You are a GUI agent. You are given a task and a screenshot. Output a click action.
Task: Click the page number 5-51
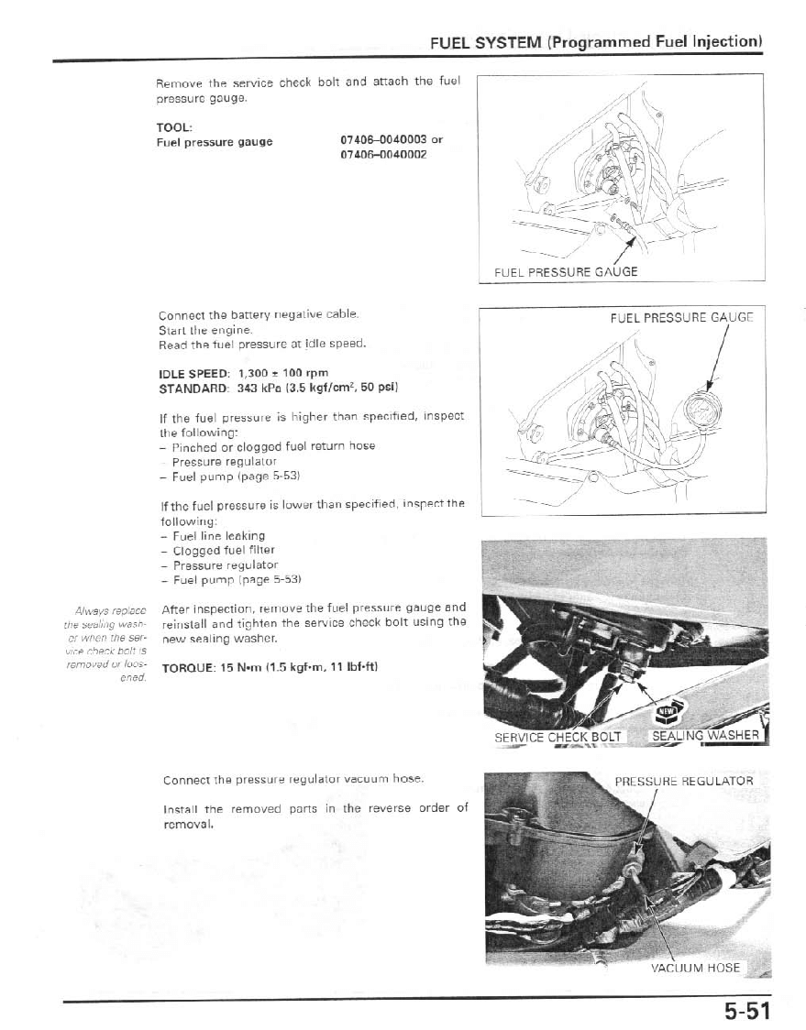(743, 1011)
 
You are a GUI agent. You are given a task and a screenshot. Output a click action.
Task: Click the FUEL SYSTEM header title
(597, 43)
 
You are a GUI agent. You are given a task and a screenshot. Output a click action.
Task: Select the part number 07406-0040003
(384, 141)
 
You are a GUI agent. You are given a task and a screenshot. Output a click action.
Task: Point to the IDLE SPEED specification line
(244, 374)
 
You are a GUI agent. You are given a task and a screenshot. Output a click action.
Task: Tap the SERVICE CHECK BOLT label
(558, 736)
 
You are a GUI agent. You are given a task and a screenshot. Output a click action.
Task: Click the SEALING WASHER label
(705, 735)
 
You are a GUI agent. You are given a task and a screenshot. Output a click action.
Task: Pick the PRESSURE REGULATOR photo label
(683, 782)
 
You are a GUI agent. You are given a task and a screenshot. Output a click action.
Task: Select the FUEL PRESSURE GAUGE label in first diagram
(566, 271)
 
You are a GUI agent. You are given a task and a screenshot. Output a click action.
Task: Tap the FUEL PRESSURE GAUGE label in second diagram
(681, 319)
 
